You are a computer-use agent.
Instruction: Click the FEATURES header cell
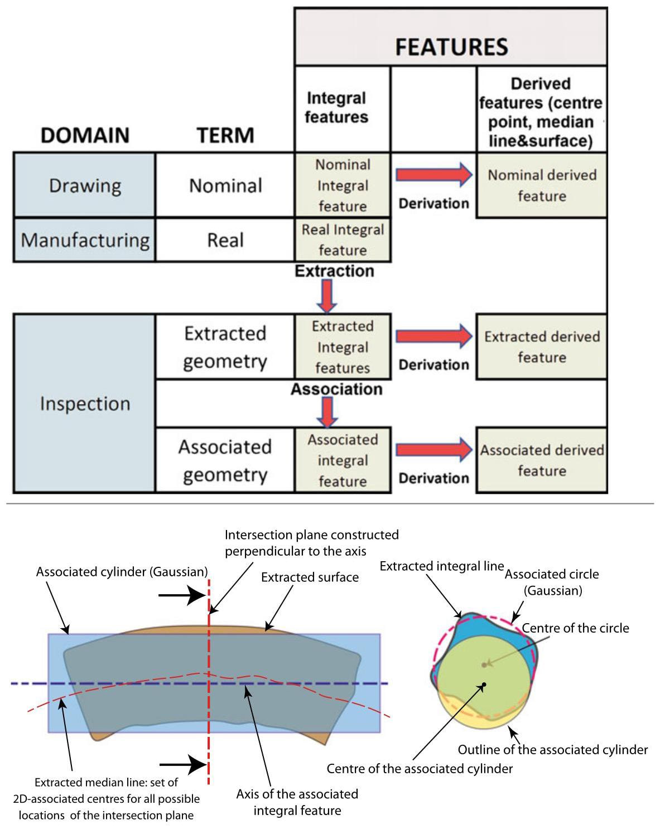[451, 37]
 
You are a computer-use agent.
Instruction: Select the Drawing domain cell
[85, 185]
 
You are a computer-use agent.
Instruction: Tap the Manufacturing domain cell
[85, 240]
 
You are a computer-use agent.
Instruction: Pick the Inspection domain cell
[85, 403]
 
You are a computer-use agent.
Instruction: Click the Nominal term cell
[225, 185]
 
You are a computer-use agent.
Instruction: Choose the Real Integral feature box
[343, 240]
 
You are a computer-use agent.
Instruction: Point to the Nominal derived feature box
[541, 185]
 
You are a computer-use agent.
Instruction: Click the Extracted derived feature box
[541, 346]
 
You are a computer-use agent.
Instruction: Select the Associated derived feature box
[541, 460]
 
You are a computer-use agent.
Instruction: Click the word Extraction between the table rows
[334, 271]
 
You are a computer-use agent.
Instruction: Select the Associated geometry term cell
[225, 460]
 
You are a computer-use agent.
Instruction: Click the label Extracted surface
[310, 577]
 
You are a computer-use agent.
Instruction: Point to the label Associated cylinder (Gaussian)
[122, 572]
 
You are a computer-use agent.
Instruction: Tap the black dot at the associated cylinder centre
[484, 685]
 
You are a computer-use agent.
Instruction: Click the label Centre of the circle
[575, 628]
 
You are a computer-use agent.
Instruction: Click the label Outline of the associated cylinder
[552, 749]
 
